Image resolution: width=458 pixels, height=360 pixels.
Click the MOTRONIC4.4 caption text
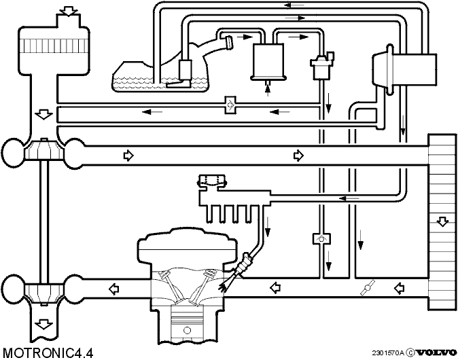coord(48,353)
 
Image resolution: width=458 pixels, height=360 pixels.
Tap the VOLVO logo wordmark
coord(436,353)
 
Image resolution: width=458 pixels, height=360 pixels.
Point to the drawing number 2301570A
coord(388,353)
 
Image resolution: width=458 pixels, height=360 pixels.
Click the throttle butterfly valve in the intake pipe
coord(367,287)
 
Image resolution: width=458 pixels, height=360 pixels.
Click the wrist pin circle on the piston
coord(187,330)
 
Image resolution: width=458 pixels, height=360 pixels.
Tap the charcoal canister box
coord(268,62)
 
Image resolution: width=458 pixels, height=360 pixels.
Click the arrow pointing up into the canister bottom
coord(268,89)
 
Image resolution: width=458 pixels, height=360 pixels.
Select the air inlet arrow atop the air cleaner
coord(67,10)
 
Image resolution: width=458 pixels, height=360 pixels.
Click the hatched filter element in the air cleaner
coord(54,46)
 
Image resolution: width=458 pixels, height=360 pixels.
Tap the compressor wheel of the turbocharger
coord(43,149)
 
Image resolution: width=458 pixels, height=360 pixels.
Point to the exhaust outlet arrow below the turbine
coord(43,324)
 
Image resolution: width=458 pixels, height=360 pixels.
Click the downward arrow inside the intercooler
coord(442,222)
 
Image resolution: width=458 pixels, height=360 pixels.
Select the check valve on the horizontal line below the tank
coord(231,105)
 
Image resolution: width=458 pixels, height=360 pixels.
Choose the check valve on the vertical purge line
coord(321,239)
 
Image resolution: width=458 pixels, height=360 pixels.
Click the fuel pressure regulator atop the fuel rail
coord(212,182)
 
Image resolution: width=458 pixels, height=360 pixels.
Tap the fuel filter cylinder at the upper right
coord(404,69)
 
